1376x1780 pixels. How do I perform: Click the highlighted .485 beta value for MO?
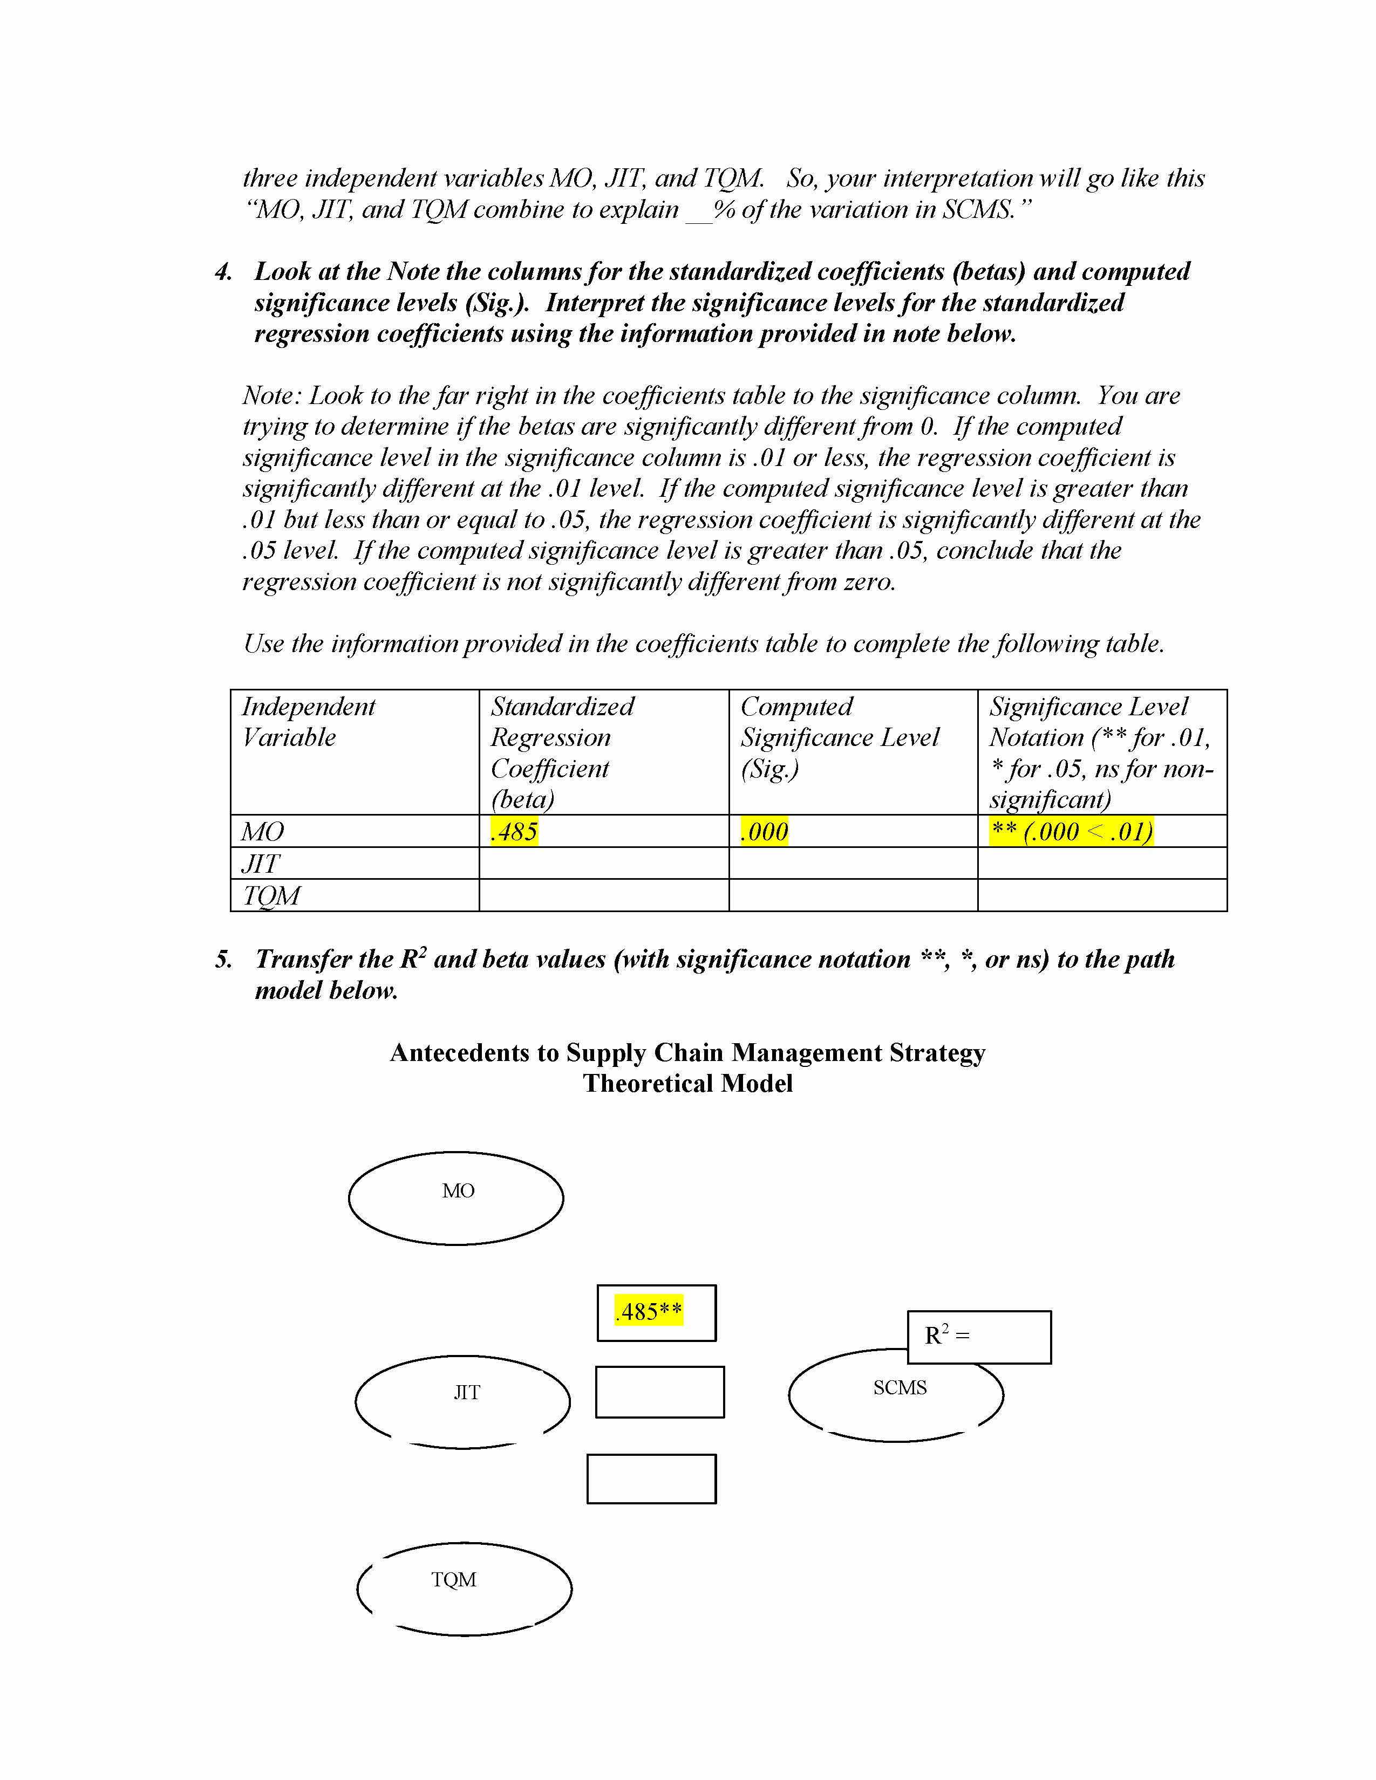(514, 832)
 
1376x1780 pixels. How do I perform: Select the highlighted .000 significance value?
(764, 832)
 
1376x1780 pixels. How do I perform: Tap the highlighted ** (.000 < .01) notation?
(1071, 832)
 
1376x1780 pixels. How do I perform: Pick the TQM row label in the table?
(271, 896)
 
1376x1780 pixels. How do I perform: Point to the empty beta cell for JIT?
(603, 863)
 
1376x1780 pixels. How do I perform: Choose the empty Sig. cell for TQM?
(853, 896)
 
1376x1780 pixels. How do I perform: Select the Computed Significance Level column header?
(840, 737)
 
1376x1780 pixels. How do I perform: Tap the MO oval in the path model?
(457, 1198)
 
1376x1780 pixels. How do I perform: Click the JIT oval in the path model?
(463, 1402)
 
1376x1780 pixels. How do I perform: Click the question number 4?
(223, 272)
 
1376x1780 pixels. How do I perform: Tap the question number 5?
(223, 960)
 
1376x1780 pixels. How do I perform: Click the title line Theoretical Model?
(687, 1084)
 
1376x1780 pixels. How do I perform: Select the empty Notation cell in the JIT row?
(1102, 863)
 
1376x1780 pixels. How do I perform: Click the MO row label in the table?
(262, 832)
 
